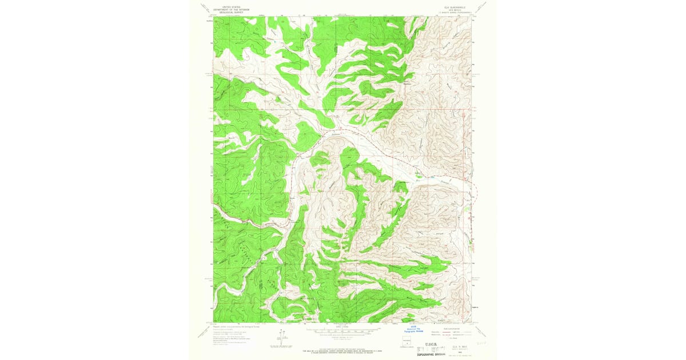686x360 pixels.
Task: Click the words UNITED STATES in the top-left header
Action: pos(226,5)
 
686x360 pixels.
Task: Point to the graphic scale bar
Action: pos(343,330)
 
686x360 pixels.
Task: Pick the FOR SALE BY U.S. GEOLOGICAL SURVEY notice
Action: pos(343,348)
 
